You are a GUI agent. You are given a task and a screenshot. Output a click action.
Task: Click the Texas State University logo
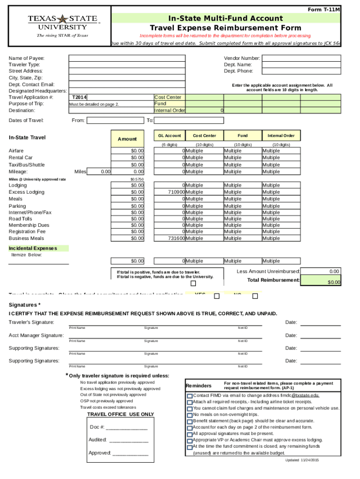point(62,25)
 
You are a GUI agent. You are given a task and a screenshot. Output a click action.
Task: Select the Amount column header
point(127,139)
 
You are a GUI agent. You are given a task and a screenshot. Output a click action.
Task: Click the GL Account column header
point(169,136)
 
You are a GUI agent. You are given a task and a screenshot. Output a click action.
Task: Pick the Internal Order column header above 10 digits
point(281,136)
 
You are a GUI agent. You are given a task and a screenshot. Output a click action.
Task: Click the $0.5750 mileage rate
point(137,179)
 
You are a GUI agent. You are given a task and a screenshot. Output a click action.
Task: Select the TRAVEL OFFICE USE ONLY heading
point(120,414)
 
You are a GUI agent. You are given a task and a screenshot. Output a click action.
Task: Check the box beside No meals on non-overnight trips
point(190,415)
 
